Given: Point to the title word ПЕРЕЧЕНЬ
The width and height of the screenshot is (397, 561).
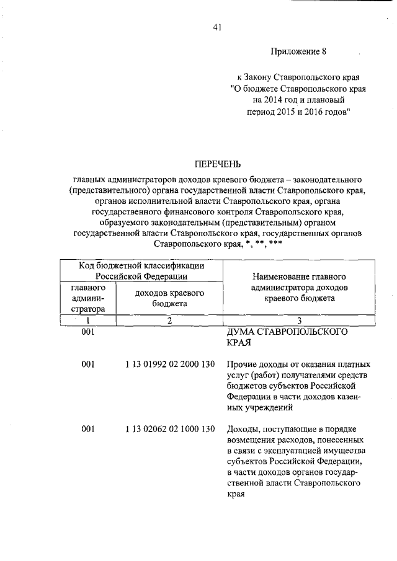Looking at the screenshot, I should (x=217, y=164).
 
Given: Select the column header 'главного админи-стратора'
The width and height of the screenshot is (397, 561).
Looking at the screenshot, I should (x=87, y=298).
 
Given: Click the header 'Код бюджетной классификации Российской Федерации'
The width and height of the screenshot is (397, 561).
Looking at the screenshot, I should (x=142, y=271).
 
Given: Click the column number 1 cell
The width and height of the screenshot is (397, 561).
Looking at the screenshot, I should (x=87, y=320).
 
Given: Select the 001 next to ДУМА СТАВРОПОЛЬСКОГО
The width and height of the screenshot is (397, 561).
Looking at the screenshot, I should (x=87, y=332).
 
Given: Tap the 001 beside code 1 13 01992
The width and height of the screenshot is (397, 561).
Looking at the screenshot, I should (x=87, y=364).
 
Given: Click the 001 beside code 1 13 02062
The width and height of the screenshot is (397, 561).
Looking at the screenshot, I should (x=87, y=429).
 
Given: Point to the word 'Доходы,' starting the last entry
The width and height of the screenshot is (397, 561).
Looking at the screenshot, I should (x=243, y=429).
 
